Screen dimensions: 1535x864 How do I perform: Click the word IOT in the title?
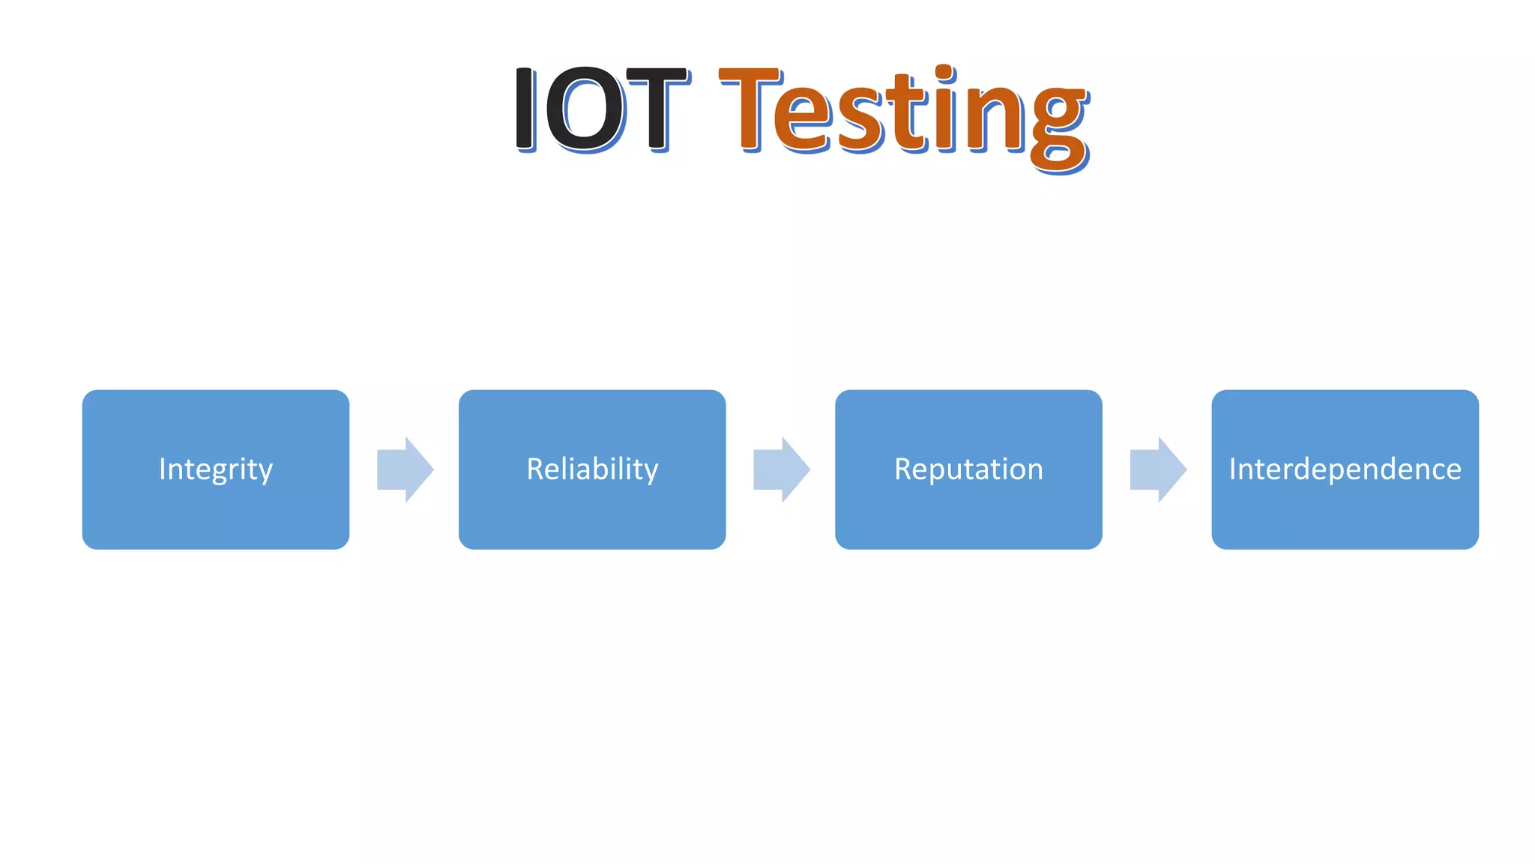click(x=600, y=109)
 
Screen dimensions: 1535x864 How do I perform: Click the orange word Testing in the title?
click(x=903, y=112)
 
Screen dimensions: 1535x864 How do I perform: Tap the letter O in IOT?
click(x=585, y=109)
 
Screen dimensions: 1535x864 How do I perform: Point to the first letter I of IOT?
click(x=525, y=109)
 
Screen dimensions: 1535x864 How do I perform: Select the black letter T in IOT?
click(x=656, y=109)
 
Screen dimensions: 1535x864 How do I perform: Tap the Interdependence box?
click(x=1345, y=517)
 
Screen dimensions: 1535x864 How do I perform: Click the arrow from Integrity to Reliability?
click(x=405, y=469)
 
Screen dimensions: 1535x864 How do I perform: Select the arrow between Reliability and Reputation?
click(x=782, y=469)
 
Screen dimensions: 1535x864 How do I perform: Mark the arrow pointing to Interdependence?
click(x=1158, y=469)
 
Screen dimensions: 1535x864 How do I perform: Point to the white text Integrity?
click(x=216, y=469)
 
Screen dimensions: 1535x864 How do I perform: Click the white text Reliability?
click(x=592, y=469)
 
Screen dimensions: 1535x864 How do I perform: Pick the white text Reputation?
click(x=968, y=469)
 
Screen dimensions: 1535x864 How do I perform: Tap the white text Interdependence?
click(x=1345, y=469)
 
